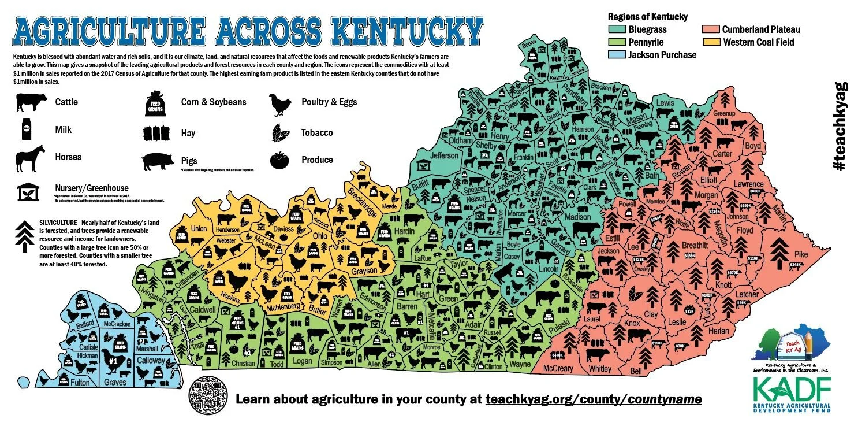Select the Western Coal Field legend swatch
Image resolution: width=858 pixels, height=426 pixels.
coord(711,42)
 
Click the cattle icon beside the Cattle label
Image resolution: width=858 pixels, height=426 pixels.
coord(32,102)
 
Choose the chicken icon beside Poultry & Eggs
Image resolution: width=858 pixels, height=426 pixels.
coord(281,104)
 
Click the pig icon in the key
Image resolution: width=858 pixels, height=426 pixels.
coord(157,161)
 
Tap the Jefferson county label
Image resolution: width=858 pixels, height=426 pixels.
coord(444,155)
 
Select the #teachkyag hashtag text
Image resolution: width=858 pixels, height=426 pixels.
coord(841,126)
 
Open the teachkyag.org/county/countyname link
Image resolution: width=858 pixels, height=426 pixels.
coord(594,399)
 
